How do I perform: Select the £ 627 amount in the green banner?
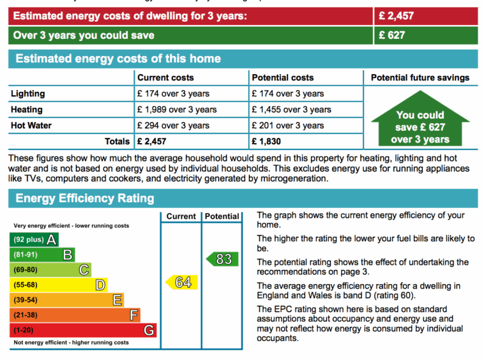pyautogui.click(x=392, y=35)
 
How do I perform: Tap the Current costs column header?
pyautogui.click(x=165, y=78)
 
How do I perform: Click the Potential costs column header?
pyautogui.click(x=283, y=78)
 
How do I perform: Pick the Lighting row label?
pyautogui.click(x=28, y=94)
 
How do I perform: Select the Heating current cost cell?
pyautogui.click(x=177, y=110)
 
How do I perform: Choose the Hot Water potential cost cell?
pyautogui.click(x=287, y=126)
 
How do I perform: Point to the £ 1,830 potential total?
pyautogui.click(x=266, y=141)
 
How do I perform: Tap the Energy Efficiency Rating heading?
pyautogui.click(x=85, y=199)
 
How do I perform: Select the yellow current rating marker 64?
pyautogui.click(x=182, y=282)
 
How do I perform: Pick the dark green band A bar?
pyautogui.click(x=34, y=240)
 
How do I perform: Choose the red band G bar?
pyautogui.click(x=83, y=331)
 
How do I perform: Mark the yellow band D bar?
pyautogui.click(x=58, y=285)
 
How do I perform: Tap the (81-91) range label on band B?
pyautogui.click(x=26, y=255)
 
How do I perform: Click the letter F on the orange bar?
pyautogui.click(x=133, y=315)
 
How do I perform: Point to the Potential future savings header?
pyautogui.click(x=420, y=78)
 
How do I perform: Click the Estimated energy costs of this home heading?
pyautogui.click(x=118, y=59)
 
